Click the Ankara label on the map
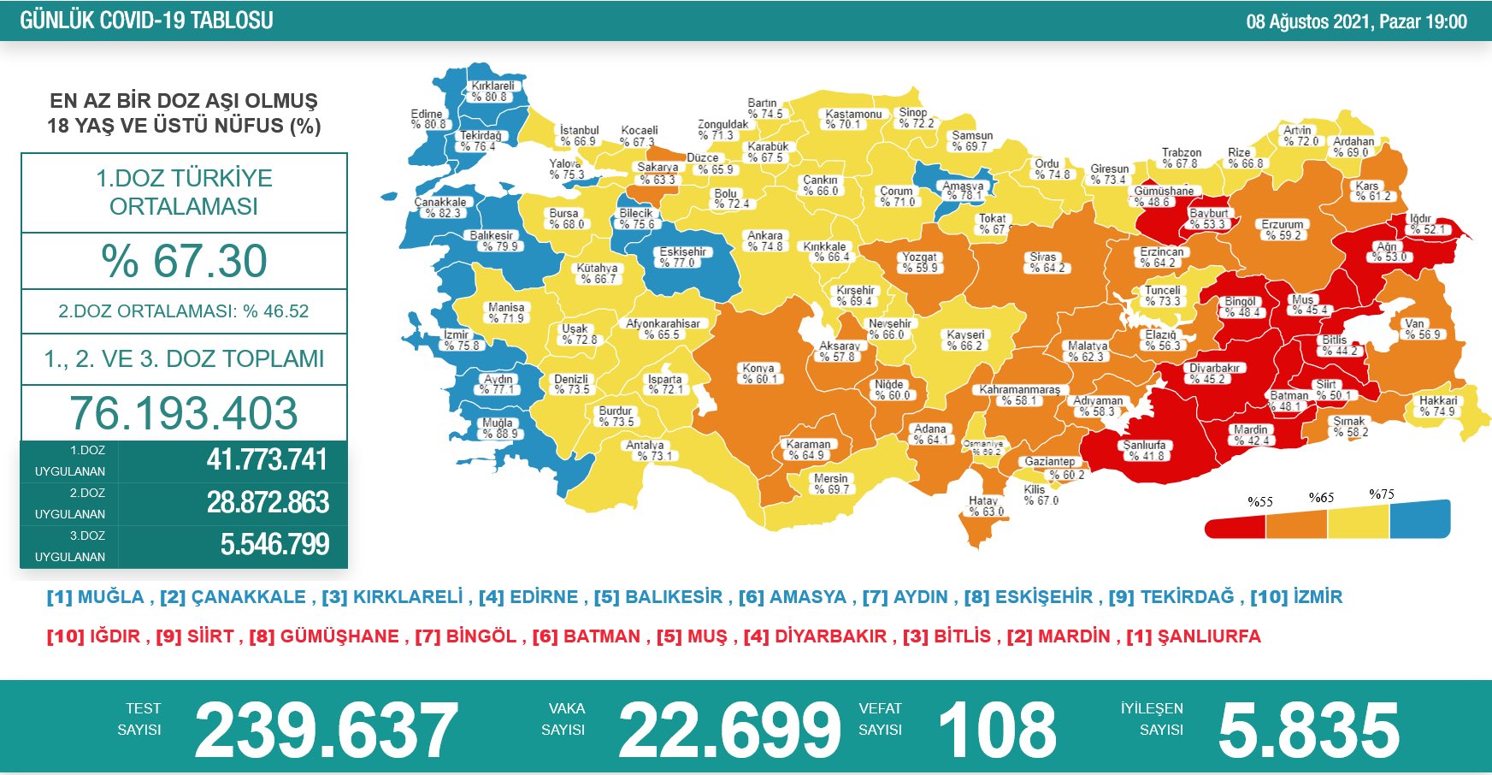click(x=765, y=241)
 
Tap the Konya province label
click(x=759, y=374)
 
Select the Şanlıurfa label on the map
click(x=1144, y=451)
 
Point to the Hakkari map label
click(x=1438, y=406)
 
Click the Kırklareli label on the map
click(x=492, y=92)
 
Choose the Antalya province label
click(x=645, y=451)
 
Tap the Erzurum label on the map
click(x=1283, y=230)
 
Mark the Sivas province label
click(x=1043, y=263)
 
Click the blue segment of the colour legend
click(x=1419, y=519)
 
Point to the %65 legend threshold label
click(x=1321, y=498)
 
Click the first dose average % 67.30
click(x=184, y=261)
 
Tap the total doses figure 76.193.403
click(x=184, y=413)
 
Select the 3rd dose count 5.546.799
click(x=274, y=545)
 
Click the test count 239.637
click(x=326, y=730)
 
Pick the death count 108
click(x=997, y=730)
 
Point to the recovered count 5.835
click(x=1308, y=730)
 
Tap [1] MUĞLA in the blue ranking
click(x=96, y=597)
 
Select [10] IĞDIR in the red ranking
click(x=93, y=636)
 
